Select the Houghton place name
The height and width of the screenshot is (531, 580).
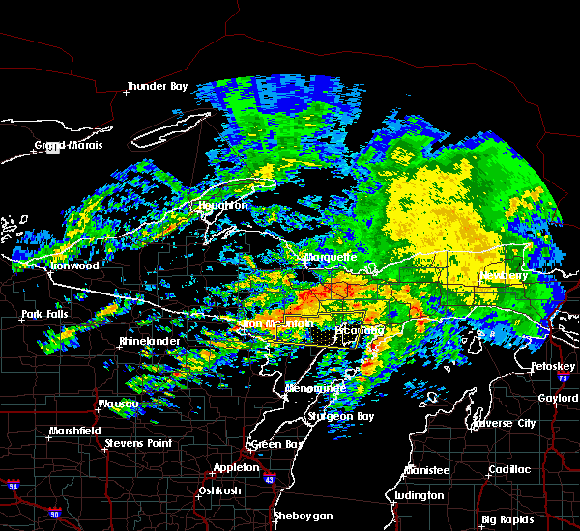tap(223, 206)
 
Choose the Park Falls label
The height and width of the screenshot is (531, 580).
tap(45, 316)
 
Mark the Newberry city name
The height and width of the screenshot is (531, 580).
tap(504, 276)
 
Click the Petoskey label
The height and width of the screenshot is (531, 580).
tap(553, 368)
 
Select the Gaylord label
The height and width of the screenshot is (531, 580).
tap(559, 398)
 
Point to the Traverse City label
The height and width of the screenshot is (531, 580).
tap(503, 423)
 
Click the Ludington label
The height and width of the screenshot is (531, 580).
tap(420, 496)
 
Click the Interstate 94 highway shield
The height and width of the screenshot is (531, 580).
tap(13, 484)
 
